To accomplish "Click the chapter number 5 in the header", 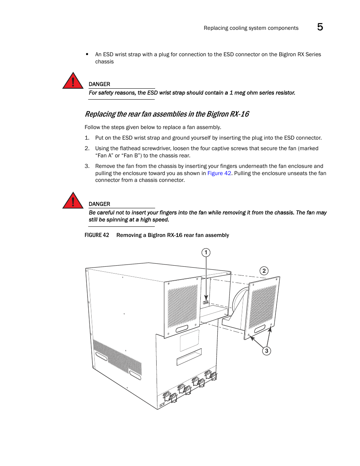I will [320, 27].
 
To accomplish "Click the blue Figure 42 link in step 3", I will [219, 173].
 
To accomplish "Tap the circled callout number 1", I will [206, 252].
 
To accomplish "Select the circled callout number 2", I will [264, 271].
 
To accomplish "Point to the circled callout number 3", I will [266, 351].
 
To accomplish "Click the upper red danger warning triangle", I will [73, 81].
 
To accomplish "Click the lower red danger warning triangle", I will [73, 201].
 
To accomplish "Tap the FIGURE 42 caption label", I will [97, 235].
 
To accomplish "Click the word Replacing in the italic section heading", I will [100, 114].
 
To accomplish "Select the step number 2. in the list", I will [87, 148].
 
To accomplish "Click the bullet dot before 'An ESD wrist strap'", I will [87, 54].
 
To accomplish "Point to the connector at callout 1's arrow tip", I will [206, 302].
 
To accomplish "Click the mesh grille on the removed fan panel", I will [263, 306].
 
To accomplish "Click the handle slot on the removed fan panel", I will [260, 329].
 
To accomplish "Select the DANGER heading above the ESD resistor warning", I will [99, 84].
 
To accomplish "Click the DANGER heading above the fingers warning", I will [99, 204].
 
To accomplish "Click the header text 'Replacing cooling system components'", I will [251, 28].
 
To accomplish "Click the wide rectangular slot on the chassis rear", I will [189, 357].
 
